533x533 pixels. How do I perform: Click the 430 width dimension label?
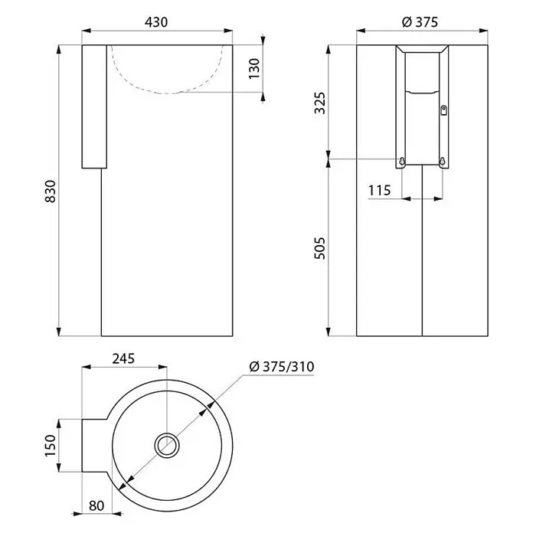(156, 22)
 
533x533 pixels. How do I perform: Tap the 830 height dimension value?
(51, 191)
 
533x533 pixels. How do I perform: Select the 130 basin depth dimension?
(254, 69)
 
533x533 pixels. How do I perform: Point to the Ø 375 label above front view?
(420, 22)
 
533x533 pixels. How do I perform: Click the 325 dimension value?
(320, 103)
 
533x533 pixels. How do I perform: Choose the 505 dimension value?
(320, 248)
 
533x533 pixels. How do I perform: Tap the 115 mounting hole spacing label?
(379, 191)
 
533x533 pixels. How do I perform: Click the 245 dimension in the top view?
(124, 358)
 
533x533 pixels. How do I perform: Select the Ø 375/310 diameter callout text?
(282, 366)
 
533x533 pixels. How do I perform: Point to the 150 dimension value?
(51, 446)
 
